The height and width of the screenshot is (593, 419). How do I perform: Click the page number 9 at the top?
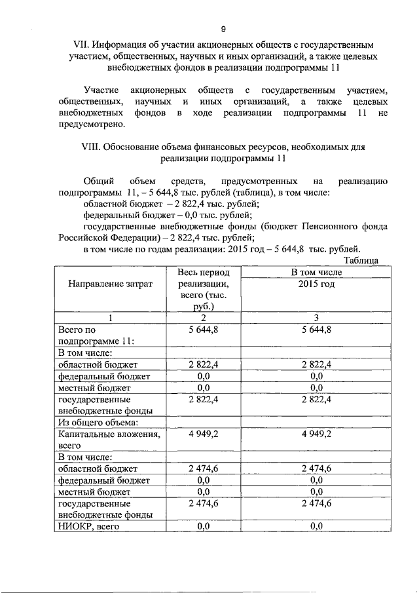[x=223, y=29]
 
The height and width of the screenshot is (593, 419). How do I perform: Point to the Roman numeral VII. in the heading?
[x=81, y=45]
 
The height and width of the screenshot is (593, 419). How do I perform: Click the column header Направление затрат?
[x=110, y=284]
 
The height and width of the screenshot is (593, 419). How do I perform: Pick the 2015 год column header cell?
[x=317, y=284]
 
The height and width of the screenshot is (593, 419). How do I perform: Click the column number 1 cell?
[x=110, y=318]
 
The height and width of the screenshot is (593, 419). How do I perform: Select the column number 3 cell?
[x=317, y=318]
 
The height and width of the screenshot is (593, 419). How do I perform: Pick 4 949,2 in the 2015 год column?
[x=317, y=434]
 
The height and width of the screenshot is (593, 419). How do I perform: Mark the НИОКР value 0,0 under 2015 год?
[x=317, y=526]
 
